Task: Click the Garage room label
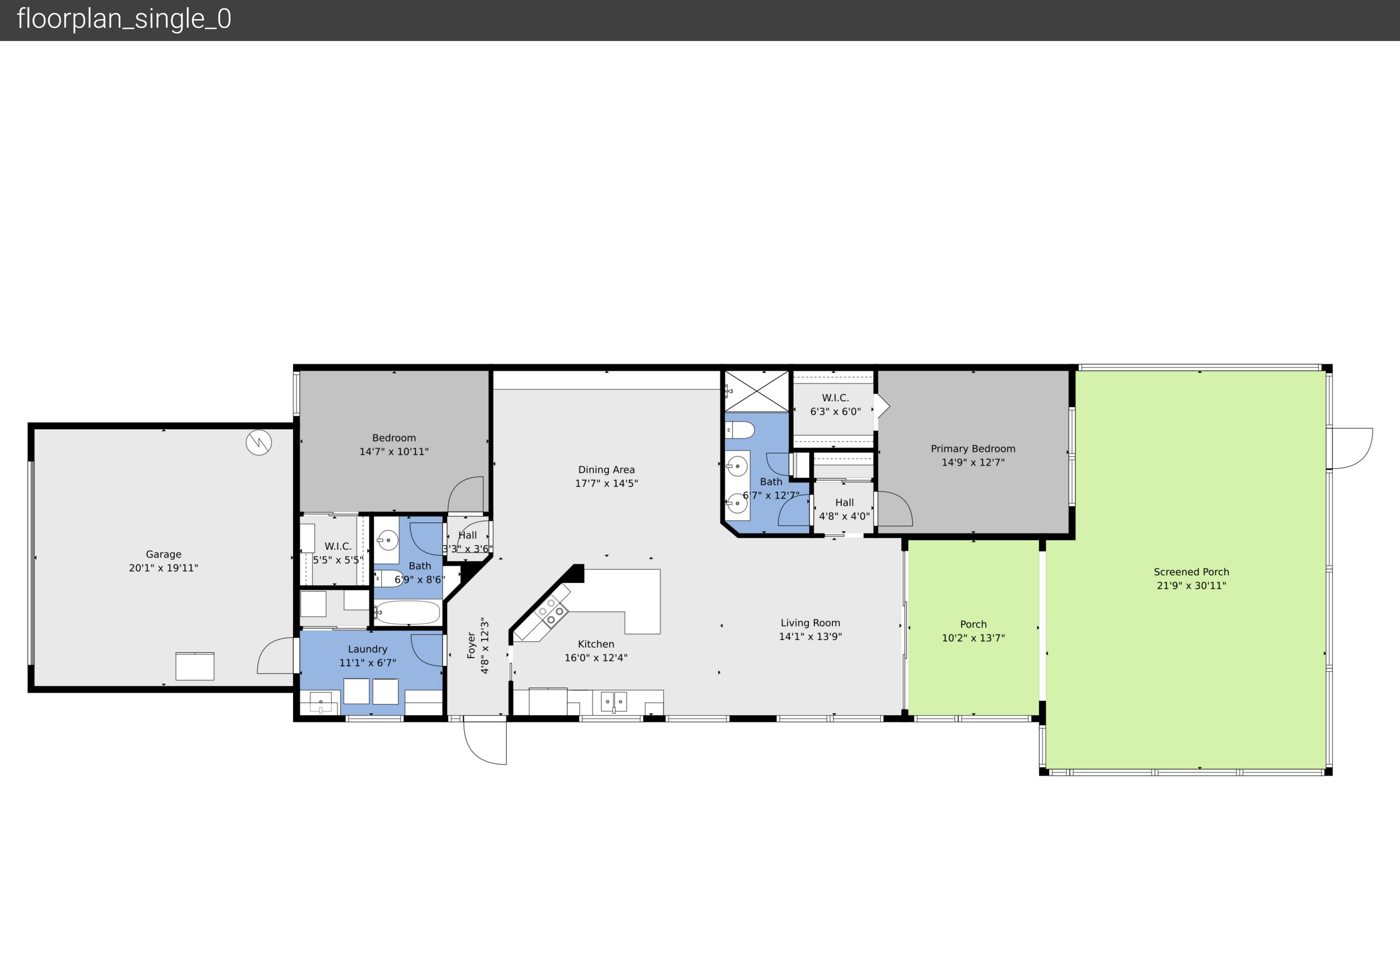163,554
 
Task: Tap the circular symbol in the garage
259,443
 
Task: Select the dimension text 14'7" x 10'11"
394,452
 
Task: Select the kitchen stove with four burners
551,612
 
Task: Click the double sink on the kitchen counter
614,702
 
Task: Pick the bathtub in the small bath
407,612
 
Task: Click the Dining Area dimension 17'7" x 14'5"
606,483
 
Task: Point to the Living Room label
810,623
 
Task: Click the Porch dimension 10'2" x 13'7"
973,638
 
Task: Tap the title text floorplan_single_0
125,19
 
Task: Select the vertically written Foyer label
471,645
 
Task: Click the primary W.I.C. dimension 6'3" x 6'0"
835,412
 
